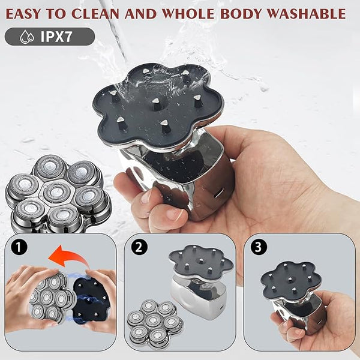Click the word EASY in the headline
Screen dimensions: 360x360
point(23,14)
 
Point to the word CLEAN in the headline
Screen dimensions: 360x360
point(97,14)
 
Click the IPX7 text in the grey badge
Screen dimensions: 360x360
point(56,37)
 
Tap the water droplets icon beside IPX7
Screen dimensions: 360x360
point(27,37)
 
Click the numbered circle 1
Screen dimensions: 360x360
point(19,247)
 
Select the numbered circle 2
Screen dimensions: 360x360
point(139,247)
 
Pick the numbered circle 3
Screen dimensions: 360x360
point(259,247)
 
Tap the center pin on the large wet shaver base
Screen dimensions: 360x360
point(157,103)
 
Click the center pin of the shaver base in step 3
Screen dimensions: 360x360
point(290,280)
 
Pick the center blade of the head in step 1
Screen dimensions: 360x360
point(47,298)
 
